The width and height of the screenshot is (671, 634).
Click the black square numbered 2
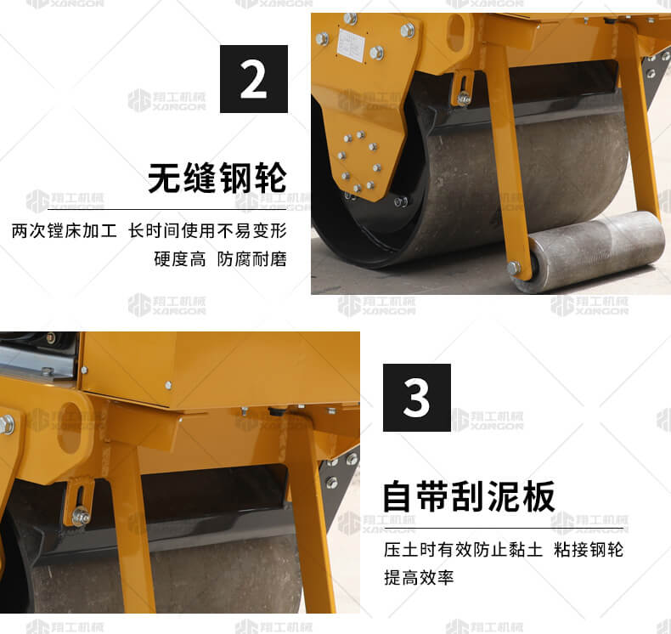pos(254,79)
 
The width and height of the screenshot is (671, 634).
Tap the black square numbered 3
pos(417,398)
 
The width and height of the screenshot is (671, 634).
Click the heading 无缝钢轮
pos(217,178)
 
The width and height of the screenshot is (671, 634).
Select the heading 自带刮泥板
pos(469,496)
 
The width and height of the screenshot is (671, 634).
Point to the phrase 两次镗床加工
pos(65,231)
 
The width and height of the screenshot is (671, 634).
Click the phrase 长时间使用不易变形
pos(207,231)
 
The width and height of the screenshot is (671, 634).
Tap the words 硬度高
pos(180,259)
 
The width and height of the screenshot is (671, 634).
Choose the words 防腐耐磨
pos(252,259)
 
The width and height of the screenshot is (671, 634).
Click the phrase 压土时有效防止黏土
pos(464,550)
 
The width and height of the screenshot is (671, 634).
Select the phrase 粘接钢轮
pos(589,550)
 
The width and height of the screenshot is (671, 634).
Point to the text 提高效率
pos(419,578)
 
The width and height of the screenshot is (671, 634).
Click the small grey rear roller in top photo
pos(590,251)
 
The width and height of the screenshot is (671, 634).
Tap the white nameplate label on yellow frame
pos(351,44)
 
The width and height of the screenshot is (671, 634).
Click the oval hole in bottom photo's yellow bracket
pos(70,427)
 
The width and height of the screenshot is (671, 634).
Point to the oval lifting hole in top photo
pos(458,32)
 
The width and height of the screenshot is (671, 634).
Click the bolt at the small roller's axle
pos(514,269)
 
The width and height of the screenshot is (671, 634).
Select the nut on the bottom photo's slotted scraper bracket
pos(81,516)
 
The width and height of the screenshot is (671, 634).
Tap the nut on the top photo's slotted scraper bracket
pos(464,99)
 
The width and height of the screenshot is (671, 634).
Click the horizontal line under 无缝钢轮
pos(166,210)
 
